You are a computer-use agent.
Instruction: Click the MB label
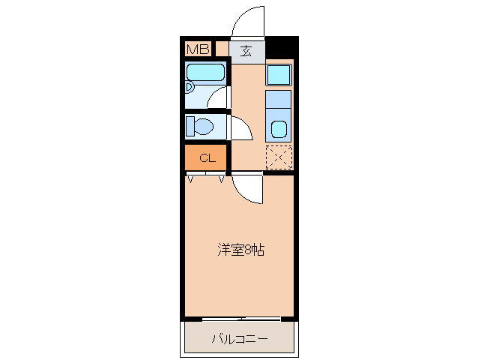click(x=198, y=49)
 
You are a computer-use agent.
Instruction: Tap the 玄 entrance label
click(x=246, y=51)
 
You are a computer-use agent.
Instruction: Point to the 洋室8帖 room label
click(x=240, y=249)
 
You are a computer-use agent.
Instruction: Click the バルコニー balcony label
click(x=240, y=339)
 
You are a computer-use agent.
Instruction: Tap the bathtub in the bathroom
click(x=205, y=73)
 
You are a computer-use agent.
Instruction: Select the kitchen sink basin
click(x=279, y=128)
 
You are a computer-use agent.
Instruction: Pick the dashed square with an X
click(x=279, y=157)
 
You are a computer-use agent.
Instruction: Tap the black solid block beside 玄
click(x=281, y=48)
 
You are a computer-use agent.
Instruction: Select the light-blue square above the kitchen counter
click(x=279, y=74)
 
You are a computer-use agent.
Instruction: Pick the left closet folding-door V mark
click(x=191, y=178)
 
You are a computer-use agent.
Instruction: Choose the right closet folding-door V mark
click(x=222, y=178)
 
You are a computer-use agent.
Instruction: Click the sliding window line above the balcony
click(x=240, y=319)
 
